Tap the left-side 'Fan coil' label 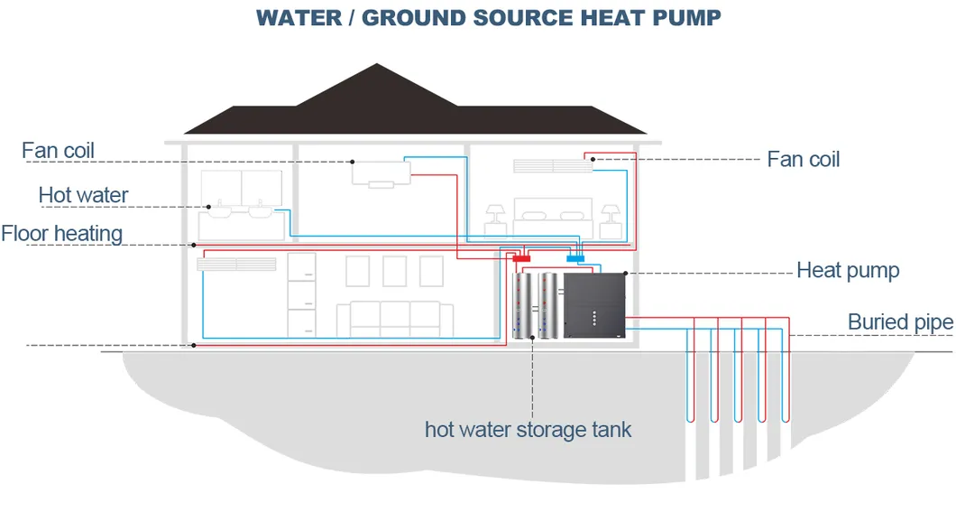coord(58,150)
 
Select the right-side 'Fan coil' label coord(803,160)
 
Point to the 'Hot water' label coord(83,195)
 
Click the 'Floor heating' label coord(61,234)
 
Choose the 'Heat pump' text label coord(847,270)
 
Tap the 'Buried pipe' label coord(899,322)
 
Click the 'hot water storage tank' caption coord(528,429)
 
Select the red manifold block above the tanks coord(522,259)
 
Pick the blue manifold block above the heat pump coord(575,258)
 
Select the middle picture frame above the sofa coord(394,271)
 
